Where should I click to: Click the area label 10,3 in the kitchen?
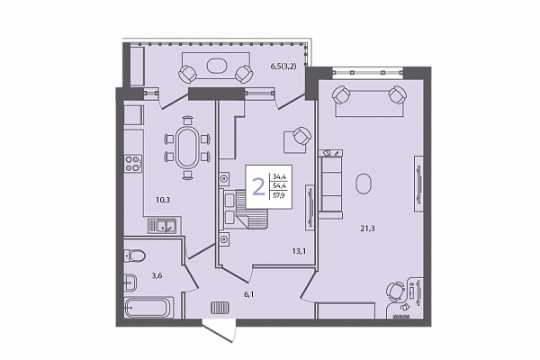[x=163, y=200]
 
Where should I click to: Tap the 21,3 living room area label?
[x=367, y=228]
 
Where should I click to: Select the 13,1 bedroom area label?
[x=299, y=251]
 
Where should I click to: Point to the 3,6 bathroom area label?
[x=157, y=275]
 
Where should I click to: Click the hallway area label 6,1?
[x=249, y=294]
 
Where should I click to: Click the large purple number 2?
[x=258, y=186]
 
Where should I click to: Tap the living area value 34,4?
[x=279, y=177]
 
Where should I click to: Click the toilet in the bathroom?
[x=134, y=256]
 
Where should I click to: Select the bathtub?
[x=148, y=308]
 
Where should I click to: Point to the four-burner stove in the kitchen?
[x=133, y=164]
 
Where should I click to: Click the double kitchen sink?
[x=162, y=226]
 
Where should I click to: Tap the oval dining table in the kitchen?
[x=187, y=148]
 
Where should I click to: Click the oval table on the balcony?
[x=217, y=66]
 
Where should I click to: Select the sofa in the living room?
[x=330, y=184]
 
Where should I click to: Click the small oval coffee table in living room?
[x=364, y=184]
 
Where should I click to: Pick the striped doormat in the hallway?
[x=220, y=308]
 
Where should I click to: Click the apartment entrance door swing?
[x=220, y=331]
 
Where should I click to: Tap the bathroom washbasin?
[x=130, y=283]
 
